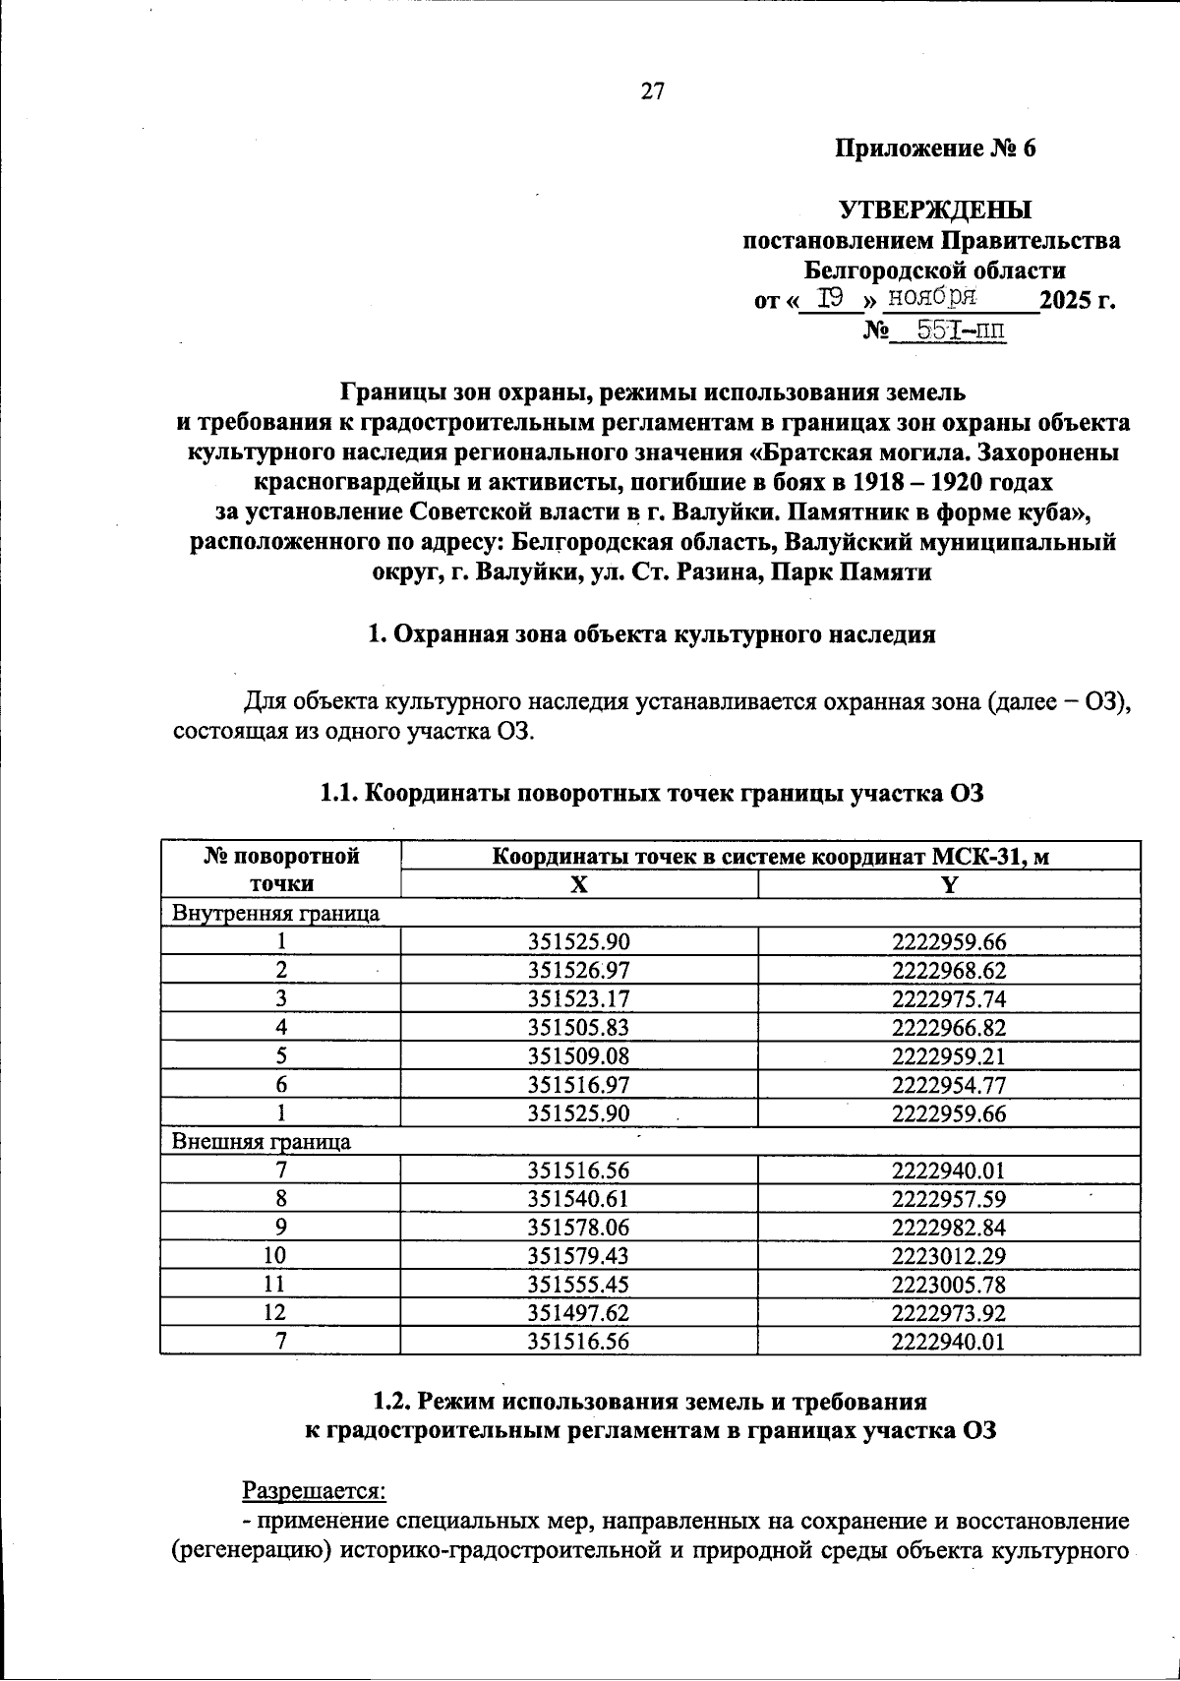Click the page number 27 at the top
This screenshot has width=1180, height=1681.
[x=653, y=92]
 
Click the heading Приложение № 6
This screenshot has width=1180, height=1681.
[x=935, y=149]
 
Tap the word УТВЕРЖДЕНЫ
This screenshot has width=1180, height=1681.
[x=935, y=210]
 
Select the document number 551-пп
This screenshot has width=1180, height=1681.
[x=961, y=330]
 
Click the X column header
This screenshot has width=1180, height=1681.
[x=579, y=884]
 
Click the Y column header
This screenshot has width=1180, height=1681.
[x=949, y=884]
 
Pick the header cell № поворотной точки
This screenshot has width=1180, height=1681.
[x=281, y=870]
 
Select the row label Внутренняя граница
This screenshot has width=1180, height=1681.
[x=276, y=913]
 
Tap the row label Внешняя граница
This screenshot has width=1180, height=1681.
[x=262, y=1142]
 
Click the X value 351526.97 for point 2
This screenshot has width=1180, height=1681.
[x=578, y=971]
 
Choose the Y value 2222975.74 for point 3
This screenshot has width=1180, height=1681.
[x=949, y=999]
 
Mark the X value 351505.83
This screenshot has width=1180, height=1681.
[x=578, y=1028]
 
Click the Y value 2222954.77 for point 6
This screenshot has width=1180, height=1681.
[x=949, y=1085]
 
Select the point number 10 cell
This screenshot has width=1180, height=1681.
[x=281, y=1256]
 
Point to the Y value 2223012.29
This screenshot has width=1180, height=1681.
[x=949, y=1256]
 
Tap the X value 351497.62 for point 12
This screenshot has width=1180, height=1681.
[x=578, y=1313]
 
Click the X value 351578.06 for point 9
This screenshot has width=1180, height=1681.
[x=578, y=1228]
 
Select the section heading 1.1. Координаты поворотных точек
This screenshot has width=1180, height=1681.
[x=652, y=794]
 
